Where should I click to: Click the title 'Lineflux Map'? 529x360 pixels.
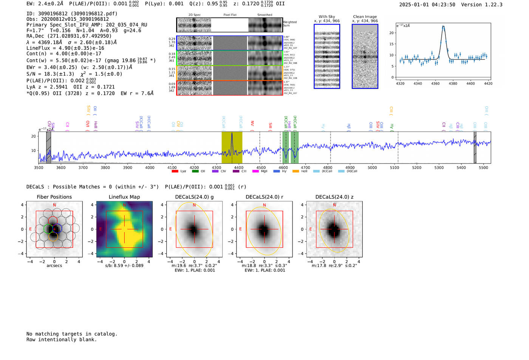point(124,197)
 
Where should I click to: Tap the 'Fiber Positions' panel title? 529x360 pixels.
point(54,197)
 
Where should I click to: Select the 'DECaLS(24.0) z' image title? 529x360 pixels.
point(334,197)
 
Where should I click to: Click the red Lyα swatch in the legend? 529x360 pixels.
point(175,172)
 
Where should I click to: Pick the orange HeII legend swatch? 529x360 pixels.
point(295,172)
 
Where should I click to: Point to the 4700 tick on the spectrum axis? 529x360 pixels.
point(305,167)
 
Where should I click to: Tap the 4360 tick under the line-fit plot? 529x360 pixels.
point(435,83)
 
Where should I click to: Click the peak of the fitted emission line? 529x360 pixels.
point(443,26)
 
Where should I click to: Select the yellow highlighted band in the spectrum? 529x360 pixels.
point(232,147)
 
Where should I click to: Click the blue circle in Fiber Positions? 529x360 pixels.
point(57,229)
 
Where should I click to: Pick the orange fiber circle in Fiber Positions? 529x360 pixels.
point(53,237)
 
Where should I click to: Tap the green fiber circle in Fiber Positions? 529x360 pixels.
point(48,229)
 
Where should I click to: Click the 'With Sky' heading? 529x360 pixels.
point(327,17)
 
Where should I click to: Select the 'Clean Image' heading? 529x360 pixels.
point(365,17)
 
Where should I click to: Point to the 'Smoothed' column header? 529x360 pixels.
point(264,15)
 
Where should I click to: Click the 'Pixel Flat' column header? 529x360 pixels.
point(230,15)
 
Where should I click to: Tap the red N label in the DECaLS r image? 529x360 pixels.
point(264,205)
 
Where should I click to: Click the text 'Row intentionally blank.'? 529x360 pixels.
point(62,340)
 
